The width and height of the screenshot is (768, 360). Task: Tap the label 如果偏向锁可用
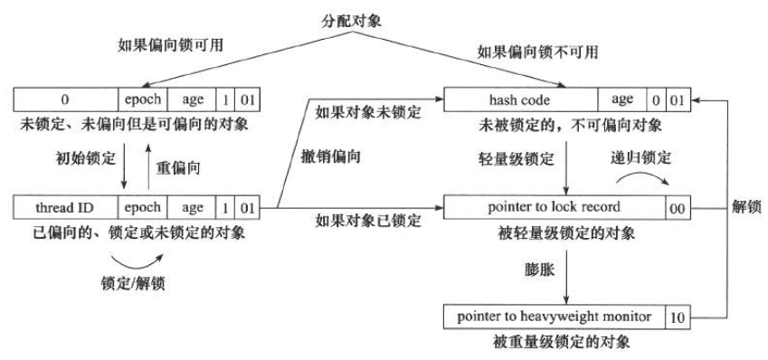tap(161, 43)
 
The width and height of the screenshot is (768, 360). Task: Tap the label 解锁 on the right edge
tap(746, 207)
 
